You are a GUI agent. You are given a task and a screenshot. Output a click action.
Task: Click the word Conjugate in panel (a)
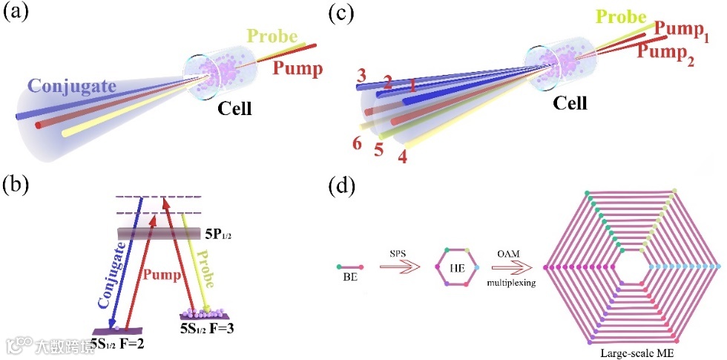(x=73, y=87)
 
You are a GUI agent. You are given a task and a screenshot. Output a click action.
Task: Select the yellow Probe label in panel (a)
(x=272, y=36)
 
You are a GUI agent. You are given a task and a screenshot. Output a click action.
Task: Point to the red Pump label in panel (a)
(x=297, y=69)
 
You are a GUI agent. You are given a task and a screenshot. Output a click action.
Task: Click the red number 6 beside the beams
(x=358, y=143)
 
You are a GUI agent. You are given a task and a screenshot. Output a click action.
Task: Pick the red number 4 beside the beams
(x=402, y=157)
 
